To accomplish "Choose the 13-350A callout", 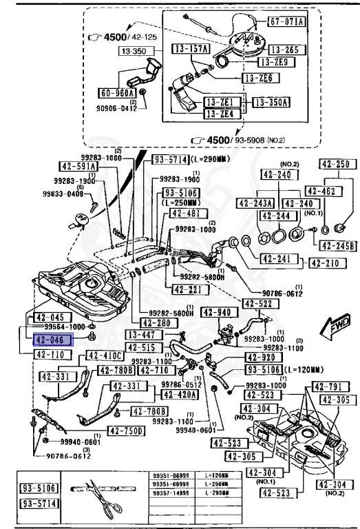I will point(271,102).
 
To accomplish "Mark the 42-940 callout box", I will point(215,312).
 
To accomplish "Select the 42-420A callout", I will point(180,395).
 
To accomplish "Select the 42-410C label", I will point(104,355).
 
